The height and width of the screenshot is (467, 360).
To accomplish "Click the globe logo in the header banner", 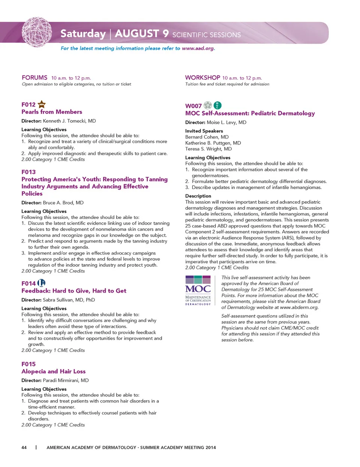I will tap(37, 32).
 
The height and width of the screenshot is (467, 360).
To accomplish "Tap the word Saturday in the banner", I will tap(83, 34).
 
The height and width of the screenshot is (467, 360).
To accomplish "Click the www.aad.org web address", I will tap(198, 48).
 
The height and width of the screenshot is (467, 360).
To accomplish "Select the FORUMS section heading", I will tap(34, 78).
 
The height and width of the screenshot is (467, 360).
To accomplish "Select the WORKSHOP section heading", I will tap(202, 78).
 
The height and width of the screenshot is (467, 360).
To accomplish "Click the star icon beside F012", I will tap(42, 104).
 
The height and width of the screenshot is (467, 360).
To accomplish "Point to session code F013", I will tap(28, 172).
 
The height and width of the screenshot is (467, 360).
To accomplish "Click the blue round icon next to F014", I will tap(42, 283).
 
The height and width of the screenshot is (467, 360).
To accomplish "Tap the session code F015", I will tap(28, 364).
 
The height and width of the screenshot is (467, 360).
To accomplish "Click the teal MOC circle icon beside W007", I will tap(217, 105).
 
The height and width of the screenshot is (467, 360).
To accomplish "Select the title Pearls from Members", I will tap(52, 112).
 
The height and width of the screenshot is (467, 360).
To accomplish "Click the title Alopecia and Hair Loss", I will tap(54, 371).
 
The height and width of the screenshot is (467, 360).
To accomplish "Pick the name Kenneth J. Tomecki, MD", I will tap(69, 121).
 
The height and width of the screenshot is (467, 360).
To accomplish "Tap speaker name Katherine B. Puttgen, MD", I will tap(213, 143).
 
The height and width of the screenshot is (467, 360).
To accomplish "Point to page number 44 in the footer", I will tap(24, 447).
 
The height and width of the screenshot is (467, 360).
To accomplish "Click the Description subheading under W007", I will tap(198, 196).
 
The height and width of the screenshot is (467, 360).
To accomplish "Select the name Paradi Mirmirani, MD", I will tap(66, 380).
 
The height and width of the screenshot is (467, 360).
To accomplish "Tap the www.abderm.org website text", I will tap(299, 307).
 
